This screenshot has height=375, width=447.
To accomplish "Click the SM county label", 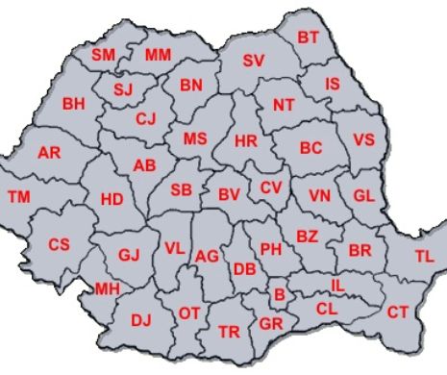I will pyautogui.click(x=103, y=55).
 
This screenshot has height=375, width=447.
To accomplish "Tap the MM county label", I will pyautogui.click(x=158, y=55).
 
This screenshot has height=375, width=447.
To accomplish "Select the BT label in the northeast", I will pyautogui.click(x=308, y=37).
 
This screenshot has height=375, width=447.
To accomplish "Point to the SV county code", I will pyautogui.click(x=253, y=61).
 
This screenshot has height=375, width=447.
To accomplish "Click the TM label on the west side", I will pyautogui.click(x=18, y=197).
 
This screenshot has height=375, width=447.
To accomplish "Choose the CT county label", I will pyautogui.click(x=398, y=312).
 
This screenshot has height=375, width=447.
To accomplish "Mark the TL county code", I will pyautogui.click(x=424, y=256).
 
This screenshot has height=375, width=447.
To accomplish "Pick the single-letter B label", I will pyautogui.click(x=279, y=294).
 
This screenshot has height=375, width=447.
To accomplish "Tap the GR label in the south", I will pyautogui.click(x=270, y=323).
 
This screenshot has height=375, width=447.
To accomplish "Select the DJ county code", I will pyautogui.click(x=141, y=319).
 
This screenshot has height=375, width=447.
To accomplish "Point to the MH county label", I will pyautogui.click(x=107, y=288).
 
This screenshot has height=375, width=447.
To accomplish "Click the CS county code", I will pyautogui.click(x=59, y=244).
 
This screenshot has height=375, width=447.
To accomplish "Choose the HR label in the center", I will pyautogui.click(x=246, y=141).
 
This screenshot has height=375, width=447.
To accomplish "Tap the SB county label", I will pyautogui.click(x=182, y=189).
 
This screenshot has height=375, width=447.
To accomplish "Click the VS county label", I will pyautogui.click(x=363, y=139).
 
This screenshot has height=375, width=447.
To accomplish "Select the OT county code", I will pyautogui.click(x=189, y=312).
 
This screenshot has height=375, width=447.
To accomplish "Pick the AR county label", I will pyautogui.click(x=49, y=153).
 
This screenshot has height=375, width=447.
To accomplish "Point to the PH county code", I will pyautogui.click(x=271, y=249).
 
